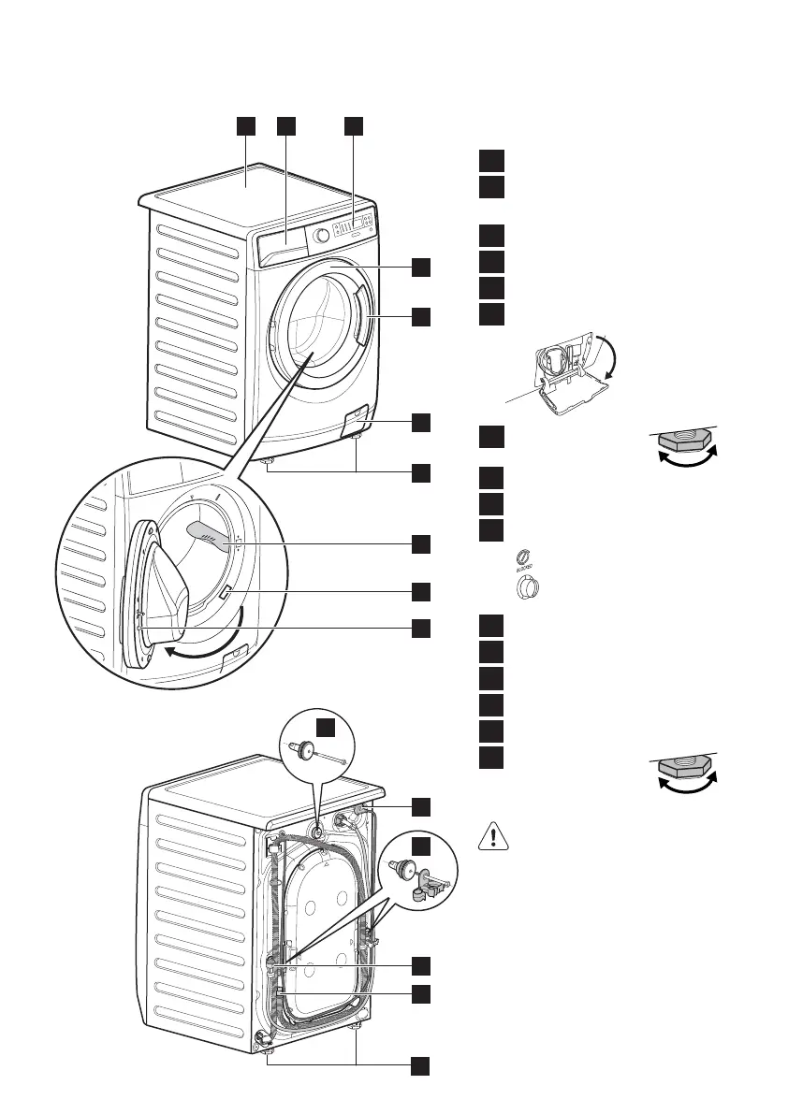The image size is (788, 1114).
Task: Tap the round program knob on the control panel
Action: pos(321,236)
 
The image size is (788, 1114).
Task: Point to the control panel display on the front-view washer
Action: pos(357,224)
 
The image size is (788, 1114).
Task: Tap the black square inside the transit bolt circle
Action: pos(325,727)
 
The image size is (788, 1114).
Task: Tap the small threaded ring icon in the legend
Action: pos(525,558)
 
